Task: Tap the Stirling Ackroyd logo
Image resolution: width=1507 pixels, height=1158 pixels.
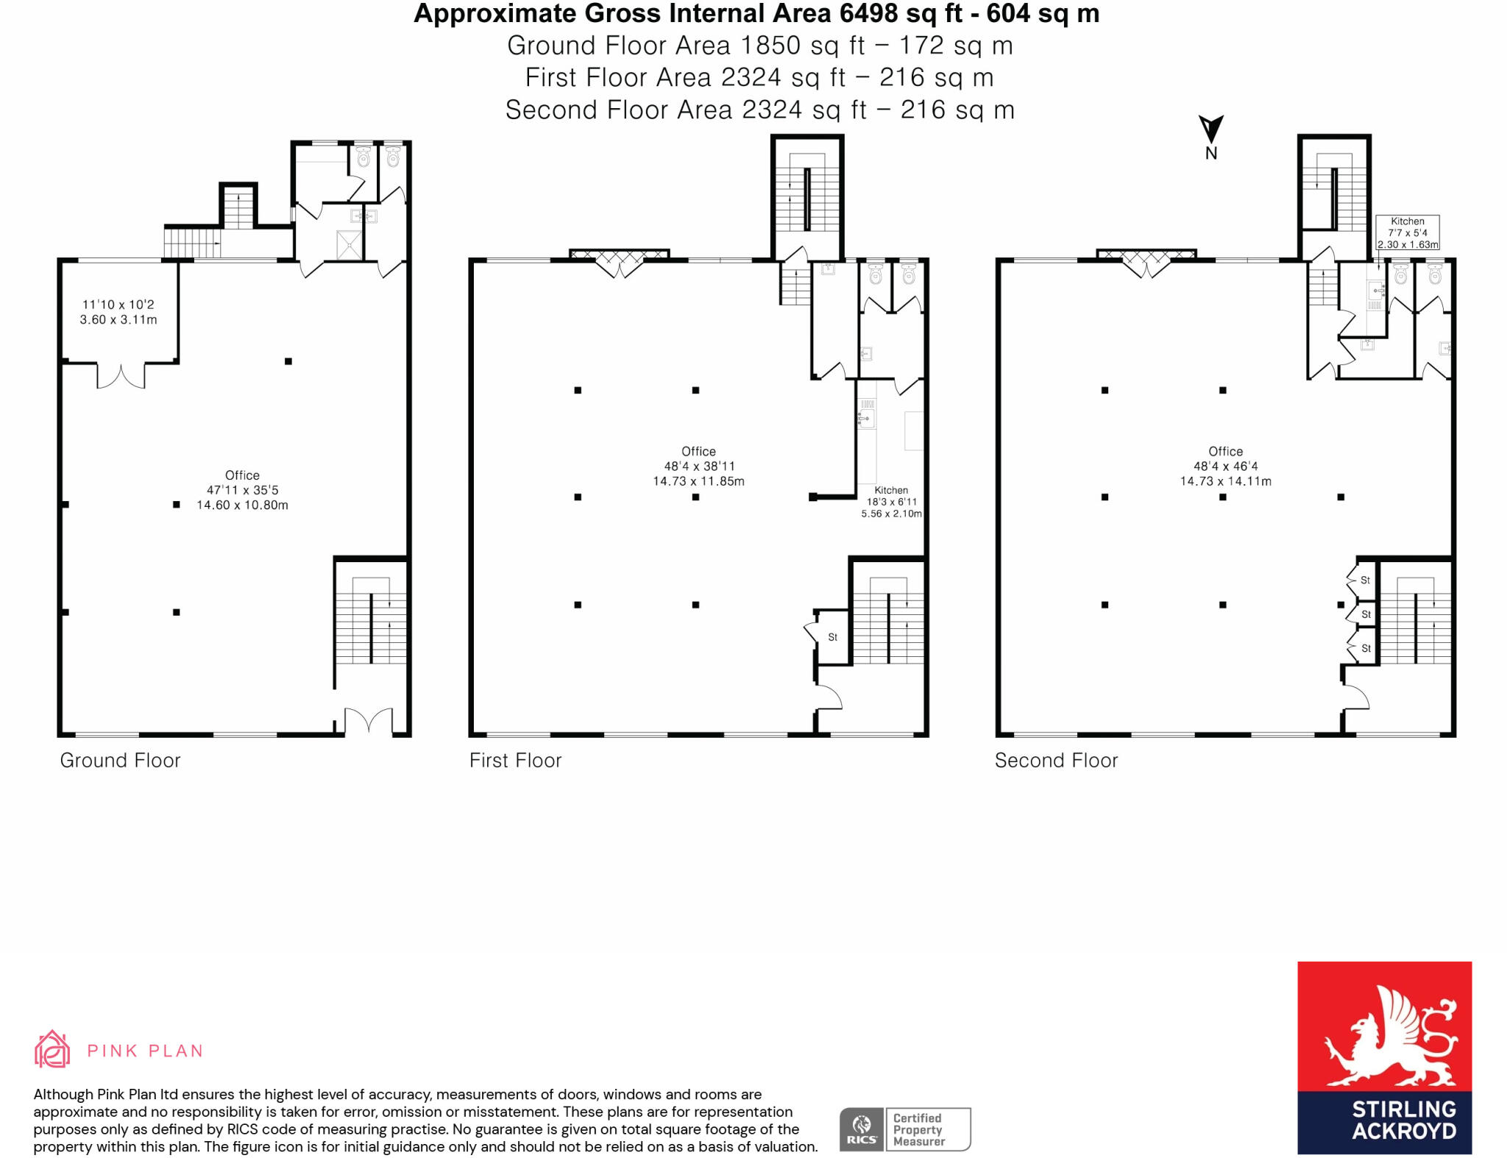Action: click(1383, 1057)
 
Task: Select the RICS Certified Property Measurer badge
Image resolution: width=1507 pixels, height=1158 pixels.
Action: click(904, 1129)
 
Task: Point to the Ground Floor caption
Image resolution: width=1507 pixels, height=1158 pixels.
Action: click(120, 760)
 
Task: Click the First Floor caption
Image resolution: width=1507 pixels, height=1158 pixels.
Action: click(515, 760)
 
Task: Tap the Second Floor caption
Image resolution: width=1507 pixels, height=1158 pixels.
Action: click(1056, 760)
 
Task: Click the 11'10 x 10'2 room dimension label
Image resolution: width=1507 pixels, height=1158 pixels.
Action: click(118, 305)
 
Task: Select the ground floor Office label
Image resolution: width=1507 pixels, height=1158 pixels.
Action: click(242, 475)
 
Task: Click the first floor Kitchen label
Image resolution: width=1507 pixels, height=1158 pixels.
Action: click(891, 490)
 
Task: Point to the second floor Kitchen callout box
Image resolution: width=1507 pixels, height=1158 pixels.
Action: click(1408, 232)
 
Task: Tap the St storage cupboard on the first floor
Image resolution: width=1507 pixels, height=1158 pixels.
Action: click(832, 637)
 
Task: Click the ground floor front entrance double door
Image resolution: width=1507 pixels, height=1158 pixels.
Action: click(369, 720)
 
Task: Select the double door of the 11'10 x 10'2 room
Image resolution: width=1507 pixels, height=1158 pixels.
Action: click(121, 376)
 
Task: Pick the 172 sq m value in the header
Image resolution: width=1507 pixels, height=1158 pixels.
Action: click(956, 46)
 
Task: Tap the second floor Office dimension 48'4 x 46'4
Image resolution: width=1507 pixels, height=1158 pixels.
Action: click(1225, 466)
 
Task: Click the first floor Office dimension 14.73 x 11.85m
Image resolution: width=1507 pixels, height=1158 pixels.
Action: click(698, 481)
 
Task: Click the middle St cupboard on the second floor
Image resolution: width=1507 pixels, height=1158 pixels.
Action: click(1366, 614)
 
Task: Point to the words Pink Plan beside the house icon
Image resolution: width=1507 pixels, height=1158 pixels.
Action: click(145, 1051)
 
